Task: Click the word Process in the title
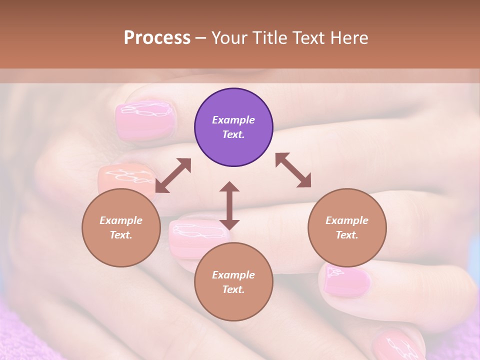coord(157,38)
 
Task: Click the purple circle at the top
coord(233,127)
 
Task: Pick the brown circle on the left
coord(121,228)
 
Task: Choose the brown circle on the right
coord(347,228)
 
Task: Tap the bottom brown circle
coord(233,282)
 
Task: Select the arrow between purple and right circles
coord(293,170)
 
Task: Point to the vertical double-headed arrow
coord(229,205)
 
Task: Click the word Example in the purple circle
coord(233,120)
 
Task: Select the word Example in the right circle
coord(347,220)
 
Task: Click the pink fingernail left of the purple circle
coord(145,119)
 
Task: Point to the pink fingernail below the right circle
coord(346,281)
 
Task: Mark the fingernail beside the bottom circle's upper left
coord(192,238)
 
